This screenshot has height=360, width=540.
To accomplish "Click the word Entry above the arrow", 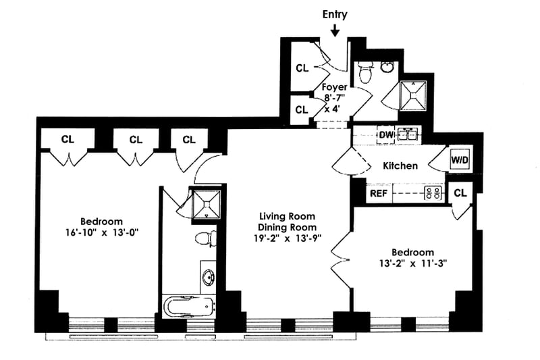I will (x=335, y=14).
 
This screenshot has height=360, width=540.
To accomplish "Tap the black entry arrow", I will (x=335, y=30).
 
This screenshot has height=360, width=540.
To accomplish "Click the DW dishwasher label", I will (x=385, y=135).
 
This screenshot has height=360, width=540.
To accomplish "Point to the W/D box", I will (x=460, y=160).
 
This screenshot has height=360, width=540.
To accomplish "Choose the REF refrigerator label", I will (x=377, y=193).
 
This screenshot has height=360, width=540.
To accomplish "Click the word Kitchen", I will (x=400, y=165).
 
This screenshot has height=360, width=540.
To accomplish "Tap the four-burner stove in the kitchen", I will (x=432, y=193).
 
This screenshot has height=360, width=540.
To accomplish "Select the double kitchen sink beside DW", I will (x=408, y=134).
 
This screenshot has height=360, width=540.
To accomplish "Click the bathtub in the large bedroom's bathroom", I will (x=190, y=307).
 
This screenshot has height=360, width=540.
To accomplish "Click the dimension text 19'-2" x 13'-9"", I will (x=288, y=237).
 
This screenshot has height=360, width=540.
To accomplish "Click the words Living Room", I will (x=288, y=216).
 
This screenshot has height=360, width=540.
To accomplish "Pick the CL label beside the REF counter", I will (x=460, y=193).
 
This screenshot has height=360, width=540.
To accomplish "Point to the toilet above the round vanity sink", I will (x=205, y=239).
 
